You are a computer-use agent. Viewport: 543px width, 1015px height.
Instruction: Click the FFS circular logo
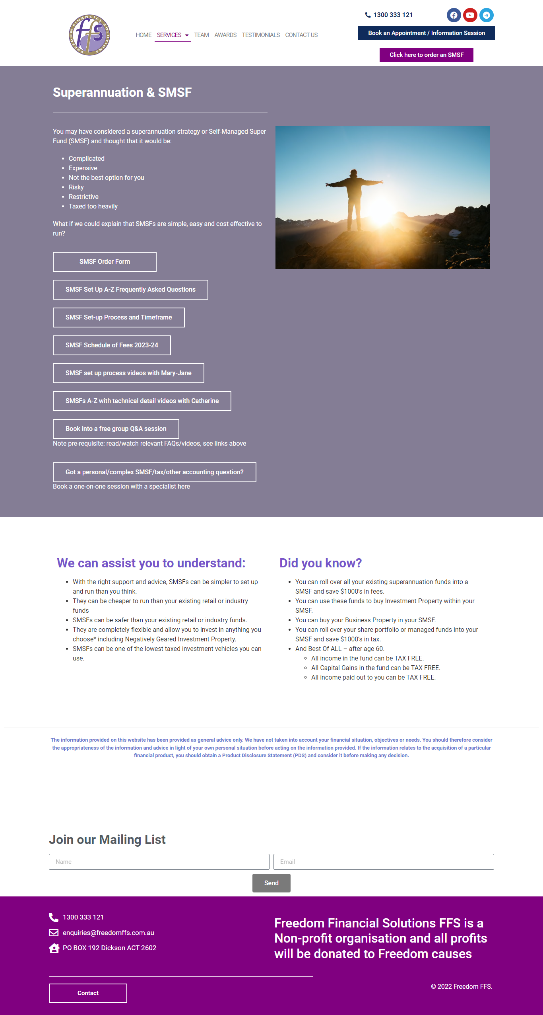pyautogui.click(x=89, y=35)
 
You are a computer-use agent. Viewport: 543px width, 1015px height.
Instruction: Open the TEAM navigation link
pyautogui.click(x=202, y=35)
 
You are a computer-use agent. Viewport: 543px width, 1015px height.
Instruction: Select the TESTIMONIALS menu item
pyautogui.click(x=261, y=35)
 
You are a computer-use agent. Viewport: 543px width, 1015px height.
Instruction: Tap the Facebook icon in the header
pyautogui.click(x=454, y=15)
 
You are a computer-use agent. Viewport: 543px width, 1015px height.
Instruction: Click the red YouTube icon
pyautogui.click(x=470, y=15)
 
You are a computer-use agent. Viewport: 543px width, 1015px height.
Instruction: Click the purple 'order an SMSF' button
pyautogui.click(x=426, y=55)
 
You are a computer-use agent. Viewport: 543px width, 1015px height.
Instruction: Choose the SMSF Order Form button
pyautogui.click(x=105, y=262)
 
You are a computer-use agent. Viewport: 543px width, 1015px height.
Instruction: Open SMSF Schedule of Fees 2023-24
pyautogui.click(x=112, y=345)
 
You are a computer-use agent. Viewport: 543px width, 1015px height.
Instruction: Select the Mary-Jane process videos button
pyautogui.click(x=128, y=373)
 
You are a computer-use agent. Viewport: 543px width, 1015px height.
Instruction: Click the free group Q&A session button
pyautogui.click(x=116, y=429)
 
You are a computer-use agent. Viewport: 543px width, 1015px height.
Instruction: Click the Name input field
pyautogui.click(x=159, y=862)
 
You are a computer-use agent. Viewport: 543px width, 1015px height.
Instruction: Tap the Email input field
pyautogui.click(x=384, y=862)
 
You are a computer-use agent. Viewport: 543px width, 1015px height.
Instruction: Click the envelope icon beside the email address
pyautogui.click(x=54, y=933)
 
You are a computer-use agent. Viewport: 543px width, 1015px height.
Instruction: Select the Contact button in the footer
pyautogui.click(x=88, y=994)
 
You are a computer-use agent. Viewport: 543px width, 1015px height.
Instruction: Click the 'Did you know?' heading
pyautogui.click(x=320, y=563)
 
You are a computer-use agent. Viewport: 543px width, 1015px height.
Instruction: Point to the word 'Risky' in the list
pyautogui.click(x=76, y=187)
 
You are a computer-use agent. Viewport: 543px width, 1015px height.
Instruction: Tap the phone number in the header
pyautogui.click(x=393, y=15)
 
